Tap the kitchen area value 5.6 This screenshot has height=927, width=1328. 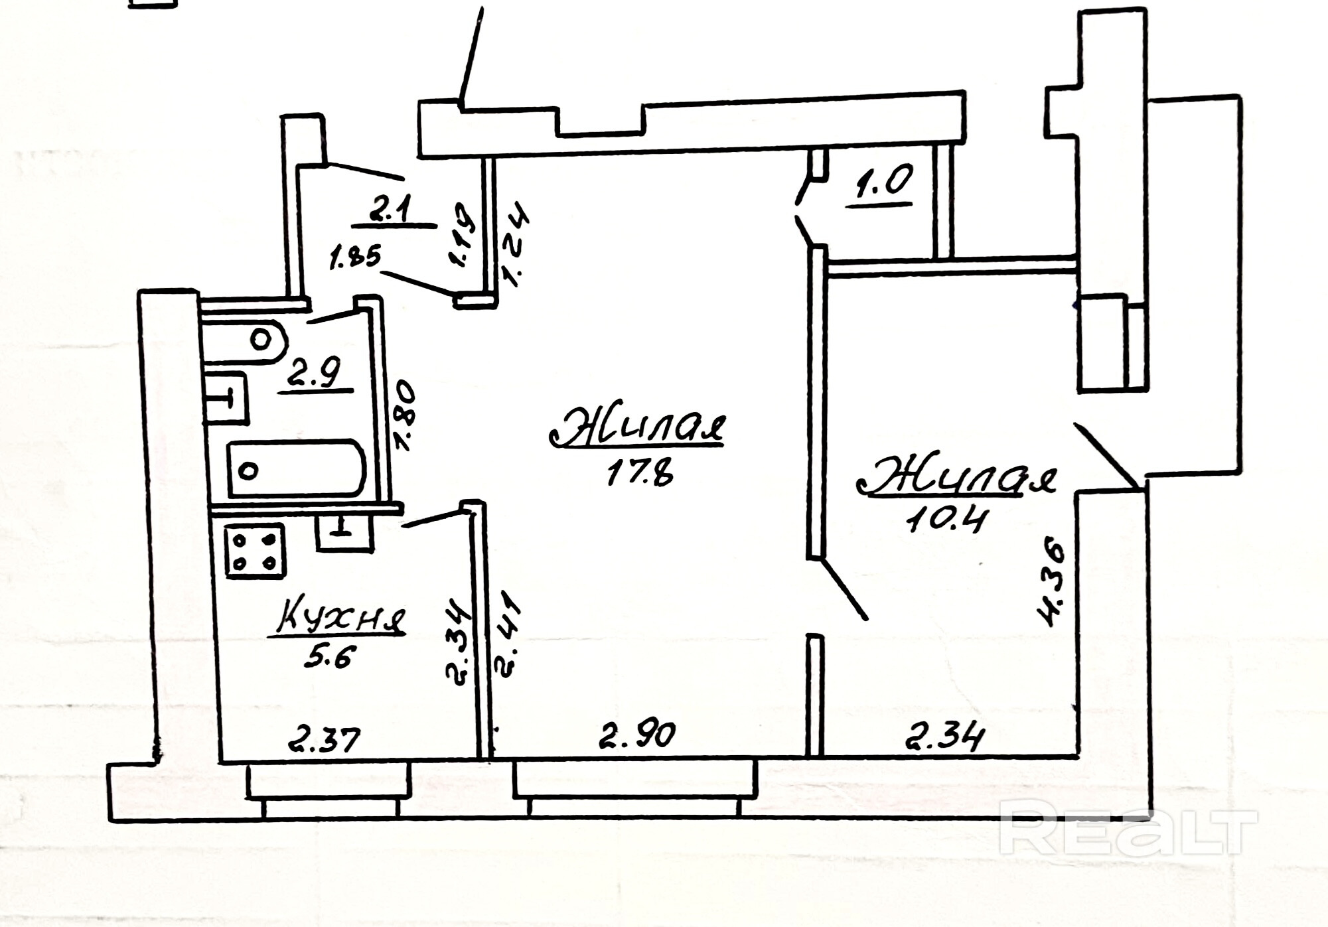coord(330,658)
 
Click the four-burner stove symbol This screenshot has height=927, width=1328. coord(255,550)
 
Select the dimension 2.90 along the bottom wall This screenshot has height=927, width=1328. coord(637,735)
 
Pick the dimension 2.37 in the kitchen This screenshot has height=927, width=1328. coord(324,738)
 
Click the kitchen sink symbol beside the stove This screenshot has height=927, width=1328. coord(344,531)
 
